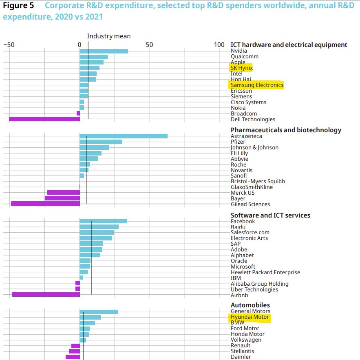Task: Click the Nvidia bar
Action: click(x=104, y=51)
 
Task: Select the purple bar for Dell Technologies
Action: click(x=44, y=119)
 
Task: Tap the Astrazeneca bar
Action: click(x=123, y=136)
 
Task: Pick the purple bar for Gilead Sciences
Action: click(x=45, y=204)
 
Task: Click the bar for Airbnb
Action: click(x=46, y=294)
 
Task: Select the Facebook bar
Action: click(x=103, y=221)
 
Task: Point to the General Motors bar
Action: click(x=99, y=312)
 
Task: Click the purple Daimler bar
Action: click(x=73, y=357)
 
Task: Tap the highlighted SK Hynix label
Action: click(x=241, y=68)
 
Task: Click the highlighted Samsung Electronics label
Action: click(x=256, y=85)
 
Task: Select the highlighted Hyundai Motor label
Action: click(x=250, y=317)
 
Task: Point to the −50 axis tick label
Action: click(x=9, y=44)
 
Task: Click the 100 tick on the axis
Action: click(x=219, y=44)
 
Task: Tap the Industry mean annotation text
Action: click(x=109, y=36)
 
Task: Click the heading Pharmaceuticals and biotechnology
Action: click(x=286, y=130)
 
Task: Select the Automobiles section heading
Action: click(x=250, y=305)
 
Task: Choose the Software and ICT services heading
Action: click(x=270, y=215)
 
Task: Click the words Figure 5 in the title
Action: click(x=18, y=6)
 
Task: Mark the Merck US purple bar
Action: click(x=63, y=192)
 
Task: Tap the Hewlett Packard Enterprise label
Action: click(x=265, y=272)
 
